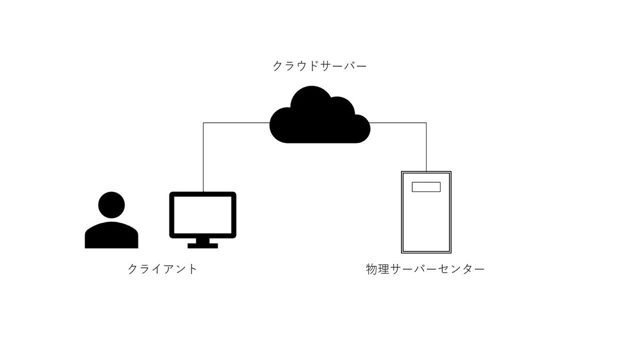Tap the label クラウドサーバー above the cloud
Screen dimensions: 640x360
pos(319,66)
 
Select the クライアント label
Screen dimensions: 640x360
pos(162,269)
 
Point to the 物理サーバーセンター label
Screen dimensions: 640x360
pos(425,269)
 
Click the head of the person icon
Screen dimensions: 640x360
pos(111,205)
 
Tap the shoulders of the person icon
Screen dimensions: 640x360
pos(111,236)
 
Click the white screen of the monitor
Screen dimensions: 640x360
pos(203,215)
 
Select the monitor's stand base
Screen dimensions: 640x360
pos(203,246)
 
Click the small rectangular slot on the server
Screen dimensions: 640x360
pos(426,187)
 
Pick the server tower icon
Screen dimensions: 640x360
pos(426,212)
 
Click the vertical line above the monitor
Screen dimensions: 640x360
pos(203,157)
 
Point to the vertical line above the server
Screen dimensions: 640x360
pos(426,147)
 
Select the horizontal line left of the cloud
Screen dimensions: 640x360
pos(237,123)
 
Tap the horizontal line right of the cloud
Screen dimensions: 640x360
pos(398,123)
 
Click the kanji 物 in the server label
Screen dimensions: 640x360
pos(372,269)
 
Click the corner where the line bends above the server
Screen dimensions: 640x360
pos(426,123)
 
